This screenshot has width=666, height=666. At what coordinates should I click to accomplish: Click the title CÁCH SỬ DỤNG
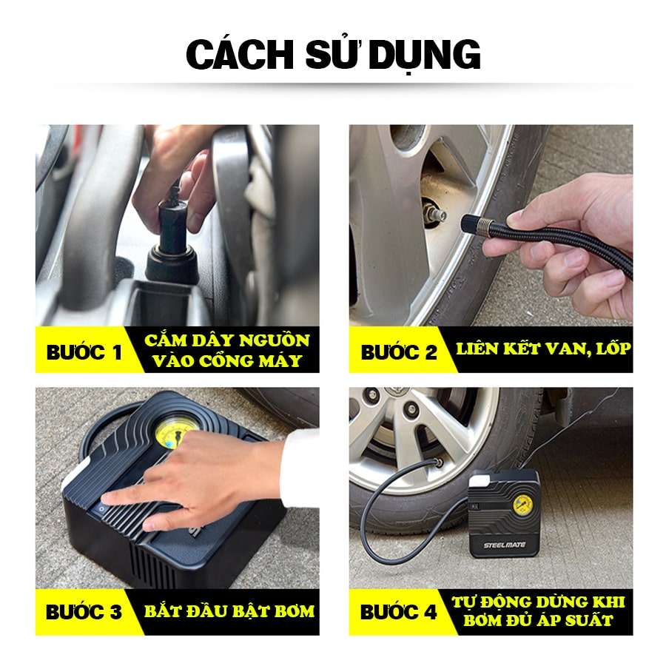[333, 55]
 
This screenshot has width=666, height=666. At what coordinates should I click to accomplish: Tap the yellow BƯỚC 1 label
[84, 351]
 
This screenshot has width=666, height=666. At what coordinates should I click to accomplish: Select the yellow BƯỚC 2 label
[399, 351]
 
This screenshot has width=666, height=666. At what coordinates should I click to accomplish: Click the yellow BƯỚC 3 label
[84, 612]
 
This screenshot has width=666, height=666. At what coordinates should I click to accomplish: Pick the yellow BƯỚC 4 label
[399, 612]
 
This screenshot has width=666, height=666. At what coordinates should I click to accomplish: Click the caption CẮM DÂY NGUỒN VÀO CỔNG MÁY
[226, 350]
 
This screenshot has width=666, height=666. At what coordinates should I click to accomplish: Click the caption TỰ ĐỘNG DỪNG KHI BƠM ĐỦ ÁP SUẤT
[538, 610]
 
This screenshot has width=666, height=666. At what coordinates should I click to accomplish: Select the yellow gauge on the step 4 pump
[522, 510]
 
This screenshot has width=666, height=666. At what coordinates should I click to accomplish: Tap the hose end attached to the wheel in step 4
[436, 465]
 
